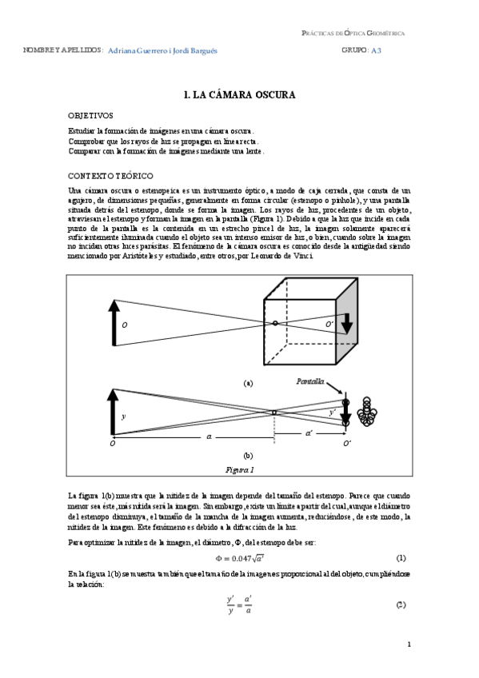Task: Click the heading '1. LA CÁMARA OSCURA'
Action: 239,94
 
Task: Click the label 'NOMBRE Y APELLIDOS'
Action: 62,50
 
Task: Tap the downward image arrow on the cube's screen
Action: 348,322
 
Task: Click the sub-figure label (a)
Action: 247,383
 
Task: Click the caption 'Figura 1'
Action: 240,469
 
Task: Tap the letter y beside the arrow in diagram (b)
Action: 123,417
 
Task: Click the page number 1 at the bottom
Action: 409,644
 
